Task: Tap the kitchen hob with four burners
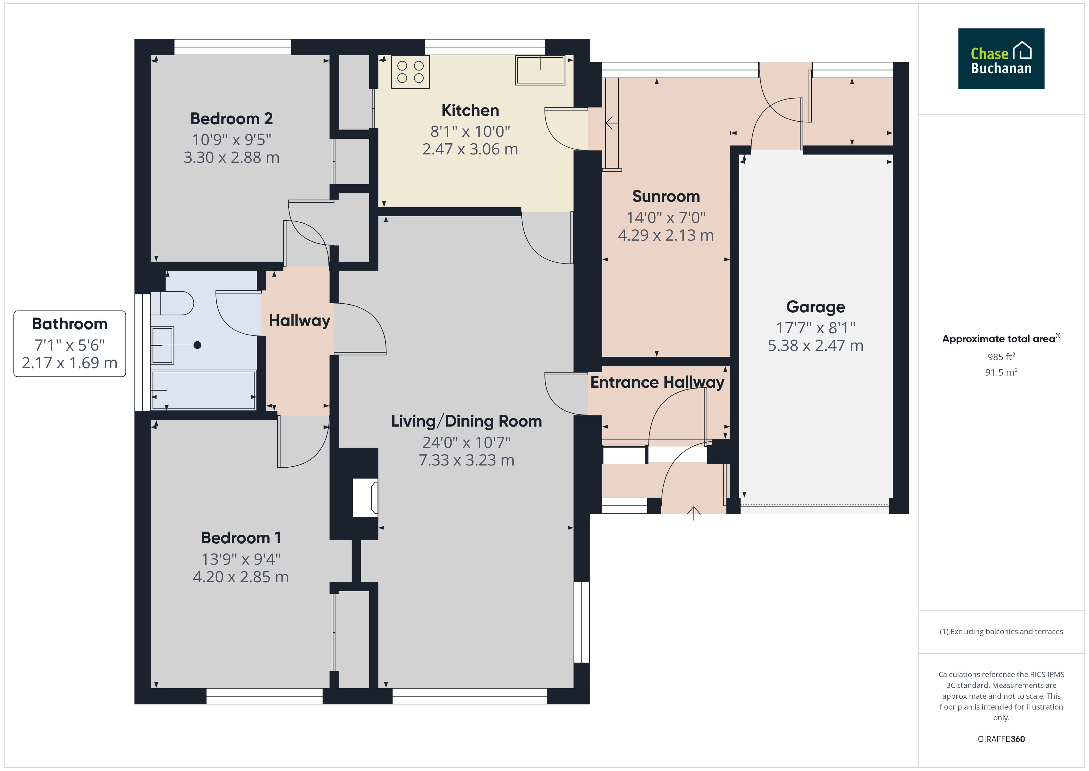(x=410, y=72)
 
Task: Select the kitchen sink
(x=540, y=70)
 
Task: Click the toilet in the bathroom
(x=172, y=303)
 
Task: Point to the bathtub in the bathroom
(x=203, y=390)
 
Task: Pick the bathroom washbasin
(x=162, y=345)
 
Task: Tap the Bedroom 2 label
(x=232, y=119)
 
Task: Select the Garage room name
(x=815, y=307)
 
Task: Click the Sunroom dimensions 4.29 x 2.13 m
(x=665, y=235)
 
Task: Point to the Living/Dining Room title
(x=466, y=421)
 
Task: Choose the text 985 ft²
(x=1001, y=356)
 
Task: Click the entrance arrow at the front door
(x=693, y=513)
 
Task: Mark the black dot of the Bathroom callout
(x=197, y=345)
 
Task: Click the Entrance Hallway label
(x=657, y=382)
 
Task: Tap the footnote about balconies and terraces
(x=1001, y=631)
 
